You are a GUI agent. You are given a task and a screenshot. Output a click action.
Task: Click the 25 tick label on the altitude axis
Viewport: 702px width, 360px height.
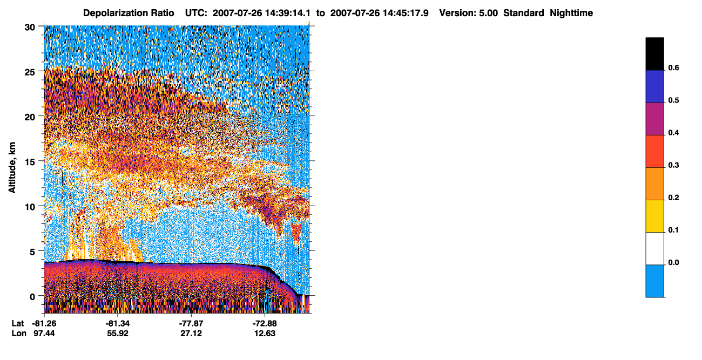[x=30, y=72]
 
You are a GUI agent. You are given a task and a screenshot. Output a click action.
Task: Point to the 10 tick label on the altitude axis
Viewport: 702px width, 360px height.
[x=30, y=207]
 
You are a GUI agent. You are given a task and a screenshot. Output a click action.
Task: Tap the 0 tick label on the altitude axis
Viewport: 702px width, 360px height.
[x=32, y=297]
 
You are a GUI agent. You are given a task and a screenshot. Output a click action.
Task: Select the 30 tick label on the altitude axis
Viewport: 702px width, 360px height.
[x=30, y=28]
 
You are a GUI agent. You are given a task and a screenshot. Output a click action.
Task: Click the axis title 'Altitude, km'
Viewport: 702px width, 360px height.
[x=12, y=167]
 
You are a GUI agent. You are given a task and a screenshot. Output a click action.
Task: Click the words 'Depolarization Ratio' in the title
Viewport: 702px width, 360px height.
[x=129, y=13]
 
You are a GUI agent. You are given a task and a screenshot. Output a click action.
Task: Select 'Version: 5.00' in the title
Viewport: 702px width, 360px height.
[x=469, y=13]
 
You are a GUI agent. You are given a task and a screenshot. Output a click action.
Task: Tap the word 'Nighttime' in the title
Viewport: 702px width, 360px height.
[x=571, y=13]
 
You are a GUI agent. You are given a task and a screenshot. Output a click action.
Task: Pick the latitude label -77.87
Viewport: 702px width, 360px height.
[x=191, y=323]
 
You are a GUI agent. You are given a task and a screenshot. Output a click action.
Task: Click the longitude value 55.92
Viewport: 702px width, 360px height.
[x=118, y=334]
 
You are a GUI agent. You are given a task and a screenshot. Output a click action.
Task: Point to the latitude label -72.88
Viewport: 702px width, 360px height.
[x=265, y=323]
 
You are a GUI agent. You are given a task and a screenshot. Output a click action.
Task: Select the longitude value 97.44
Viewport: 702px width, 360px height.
[x=44, y=334]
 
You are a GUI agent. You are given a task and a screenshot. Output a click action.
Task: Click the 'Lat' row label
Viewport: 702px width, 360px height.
[x=18, y=323]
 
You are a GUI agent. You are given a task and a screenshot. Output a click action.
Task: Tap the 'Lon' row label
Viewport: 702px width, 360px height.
[x=19, y=334]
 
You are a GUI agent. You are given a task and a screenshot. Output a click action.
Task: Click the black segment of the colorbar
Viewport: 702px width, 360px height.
[x=654, y=54]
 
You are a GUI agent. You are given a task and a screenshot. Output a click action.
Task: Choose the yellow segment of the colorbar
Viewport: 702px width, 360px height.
[x=654, y=216]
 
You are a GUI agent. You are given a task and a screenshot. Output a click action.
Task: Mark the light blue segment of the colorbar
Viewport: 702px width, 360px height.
[x=654, y=281]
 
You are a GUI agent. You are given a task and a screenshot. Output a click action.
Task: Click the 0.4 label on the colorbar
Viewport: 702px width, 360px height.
[x=673, y=133]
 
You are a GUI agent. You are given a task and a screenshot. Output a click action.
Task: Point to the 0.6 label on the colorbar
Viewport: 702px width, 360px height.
[x=673, y=68]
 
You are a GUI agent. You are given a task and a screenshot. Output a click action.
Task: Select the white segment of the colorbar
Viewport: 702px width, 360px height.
[x=654, y=249]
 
